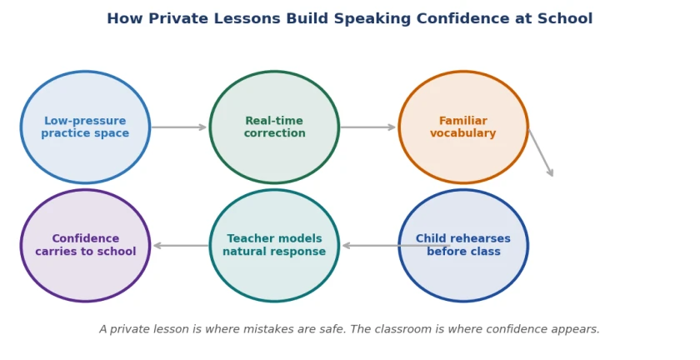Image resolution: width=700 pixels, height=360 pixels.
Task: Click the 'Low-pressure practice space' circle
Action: pos(85,127)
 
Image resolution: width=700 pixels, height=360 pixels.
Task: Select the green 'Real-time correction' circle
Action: pos(274,127)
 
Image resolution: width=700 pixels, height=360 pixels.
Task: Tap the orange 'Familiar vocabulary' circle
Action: pos(463,127)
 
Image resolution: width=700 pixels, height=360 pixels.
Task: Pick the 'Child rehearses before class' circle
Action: pos(463,246)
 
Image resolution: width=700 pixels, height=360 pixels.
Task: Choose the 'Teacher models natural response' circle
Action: pos(274,246)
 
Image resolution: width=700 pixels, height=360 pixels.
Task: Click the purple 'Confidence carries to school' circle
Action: pos(85,246)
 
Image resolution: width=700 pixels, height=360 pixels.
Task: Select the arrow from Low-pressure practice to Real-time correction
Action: pos(178,127)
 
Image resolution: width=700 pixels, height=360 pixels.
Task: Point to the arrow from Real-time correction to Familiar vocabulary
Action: pos(367,127)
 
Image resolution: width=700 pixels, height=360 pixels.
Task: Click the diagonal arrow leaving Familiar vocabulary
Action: pos(541,152)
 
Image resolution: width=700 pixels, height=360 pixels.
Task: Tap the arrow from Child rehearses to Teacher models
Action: pos(396,246)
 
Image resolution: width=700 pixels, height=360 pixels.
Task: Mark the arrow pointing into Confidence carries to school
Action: pos(181,246)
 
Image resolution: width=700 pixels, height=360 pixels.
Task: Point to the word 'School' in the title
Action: pos(565,19)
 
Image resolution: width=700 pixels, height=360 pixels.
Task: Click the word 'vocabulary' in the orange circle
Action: pos(463,133)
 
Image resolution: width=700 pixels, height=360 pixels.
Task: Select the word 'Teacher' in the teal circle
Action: pos(249,239)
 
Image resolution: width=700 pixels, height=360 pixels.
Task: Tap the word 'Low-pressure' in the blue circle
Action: pos(85,121)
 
